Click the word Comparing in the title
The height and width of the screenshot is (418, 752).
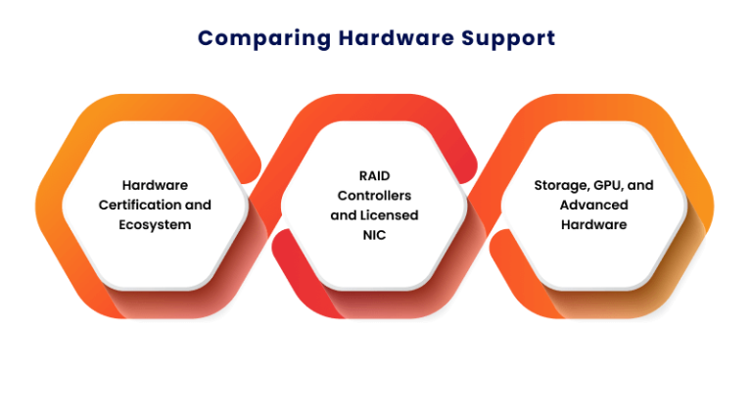pyautogui.click(x=264, y=39)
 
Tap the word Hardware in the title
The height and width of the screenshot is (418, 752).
pyautogui.click(x=397, y=38)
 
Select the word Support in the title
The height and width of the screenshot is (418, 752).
pyautogui.click(x=508, y=39)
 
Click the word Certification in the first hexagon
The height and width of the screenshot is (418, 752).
pyautogui.click(x=140, y=205)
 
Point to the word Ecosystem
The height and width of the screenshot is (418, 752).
pyautogui.click(x=155, y=225)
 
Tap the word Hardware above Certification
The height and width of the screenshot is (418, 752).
pyautogui.click(x=155, y=185)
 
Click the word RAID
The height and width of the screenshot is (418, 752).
pyautogui.click(x=375, y=176)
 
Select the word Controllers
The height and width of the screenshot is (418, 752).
pyautogui.click(x=375, y=196)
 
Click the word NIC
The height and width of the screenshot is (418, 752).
pyautogui.click(x=375, y=235)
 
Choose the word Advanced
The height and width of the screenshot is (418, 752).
pyautogui.click(x=594, y=205)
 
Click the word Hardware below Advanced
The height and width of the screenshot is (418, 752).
pyautogui.click(x=594, y=224)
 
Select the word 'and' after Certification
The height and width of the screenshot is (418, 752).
pyautogui.click(x=198, y=205)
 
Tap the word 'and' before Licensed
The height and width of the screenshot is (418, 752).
pyautogui.click(x=344, y=215)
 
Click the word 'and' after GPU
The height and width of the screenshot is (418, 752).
pyautogui.click(x=640, y=185)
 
